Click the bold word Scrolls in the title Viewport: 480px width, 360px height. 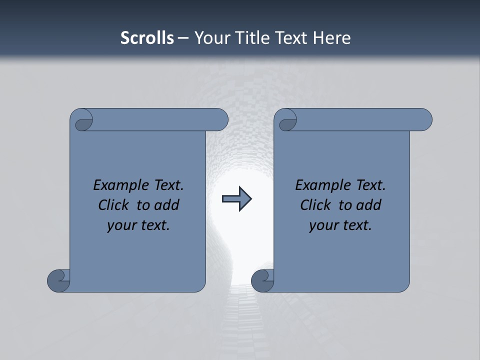(x=147, y=38)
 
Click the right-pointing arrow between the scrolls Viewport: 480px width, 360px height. (x=236, y=199)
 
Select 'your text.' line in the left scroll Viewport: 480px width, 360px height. (x=138, y=225)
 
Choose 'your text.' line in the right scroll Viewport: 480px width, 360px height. (x=340, y=225)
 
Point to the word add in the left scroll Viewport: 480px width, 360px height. (x=167, y=205)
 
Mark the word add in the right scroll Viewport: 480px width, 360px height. (x=369, y=205)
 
